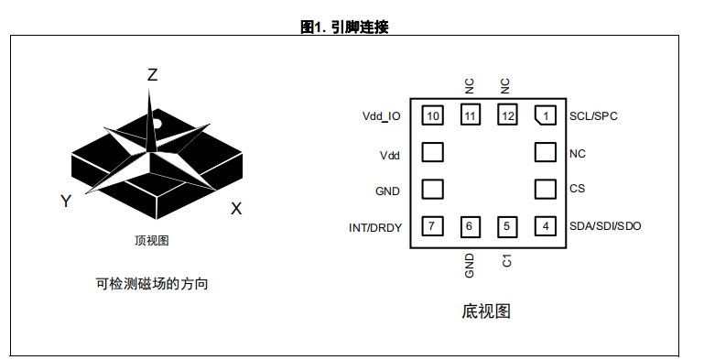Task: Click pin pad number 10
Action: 432,115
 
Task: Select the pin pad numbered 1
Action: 545,115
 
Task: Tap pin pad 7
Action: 432,226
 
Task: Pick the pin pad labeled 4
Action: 545,226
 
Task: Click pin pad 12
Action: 507,115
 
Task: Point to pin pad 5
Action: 507,226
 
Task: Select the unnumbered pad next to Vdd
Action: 432,152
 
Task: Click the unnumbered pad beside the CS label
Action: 545,189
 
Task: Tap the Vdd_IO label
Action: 381,116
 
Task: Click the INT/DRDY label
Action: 375,228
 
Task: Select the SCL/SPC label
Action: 593,116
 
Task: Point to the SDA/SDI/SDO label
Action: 605,226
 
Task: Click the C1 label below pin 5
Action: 507,261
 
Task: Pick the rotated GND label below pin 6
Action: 470,265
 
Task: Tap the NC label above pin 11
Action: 470,86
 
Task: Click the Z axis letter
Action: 153,74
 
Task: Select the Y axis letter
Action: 66,201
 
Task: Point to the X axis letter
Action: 236,209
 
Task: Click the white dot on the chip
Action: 157,124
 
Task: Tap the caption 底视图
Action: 486,311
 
